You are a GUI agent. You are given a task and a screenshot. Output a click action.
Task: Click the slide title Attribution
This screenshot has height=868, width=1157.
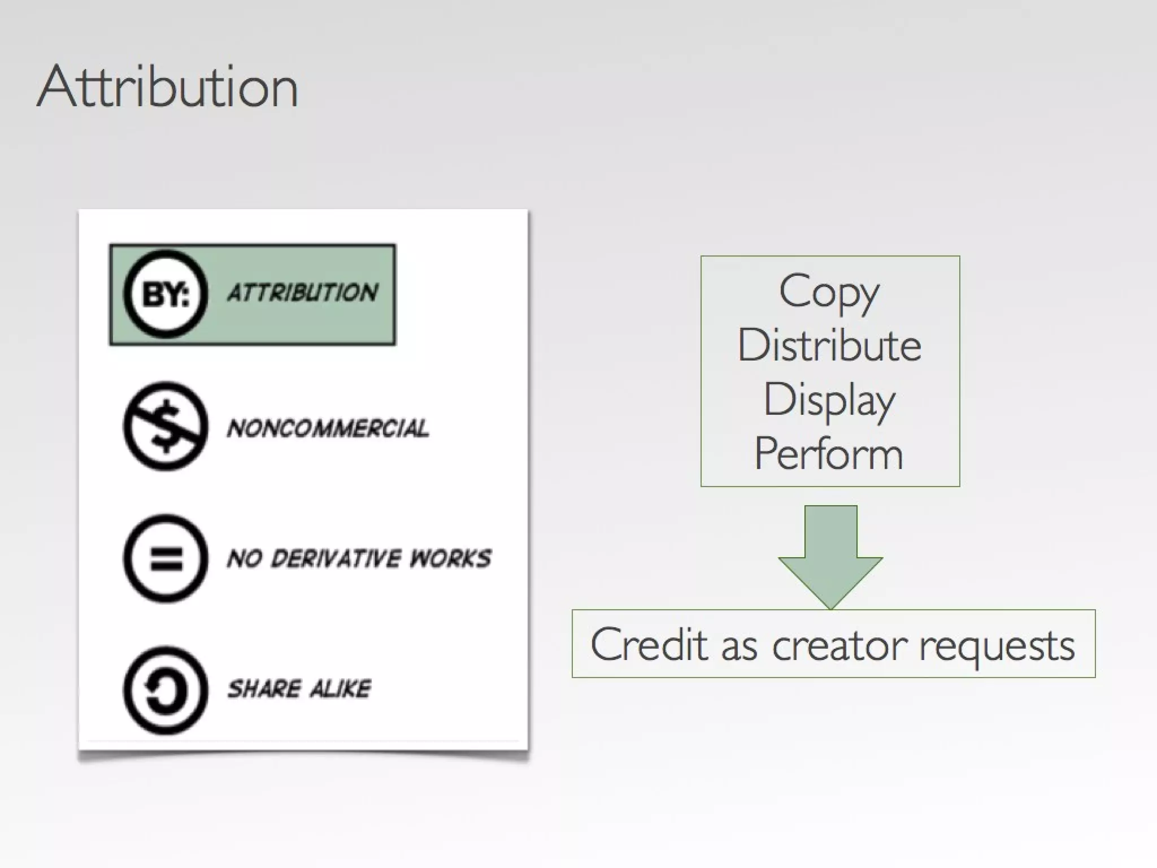(x=167, y=87)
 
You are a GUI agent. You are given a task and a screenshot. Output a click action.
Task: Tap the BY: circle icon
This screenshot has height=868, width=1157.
(x=166, y=294)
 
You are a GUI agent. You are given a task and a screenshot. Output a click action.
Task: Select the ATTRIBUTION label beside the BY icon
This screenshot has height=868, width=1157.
(x=303, y=293)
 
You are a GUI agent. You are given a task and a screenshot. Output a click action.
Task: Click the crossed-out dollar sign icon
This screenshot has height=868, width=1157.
(x=166, y=426)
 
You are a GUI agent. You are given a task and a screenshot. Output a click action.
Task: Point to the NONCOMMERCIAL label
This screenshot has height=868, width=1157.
(x=328, y=428)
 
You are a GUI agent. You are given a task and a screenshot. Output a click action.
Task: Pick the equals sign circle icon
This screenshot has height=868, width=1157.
(x=166, y=558)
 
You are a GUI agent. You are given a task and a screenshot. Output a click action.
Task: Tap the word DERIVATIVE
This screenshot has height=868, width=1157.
(x=337, y=558)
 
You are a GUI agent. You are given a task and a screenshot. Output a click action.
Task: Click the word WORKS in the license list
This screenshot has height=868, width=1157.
(x=450, y=558)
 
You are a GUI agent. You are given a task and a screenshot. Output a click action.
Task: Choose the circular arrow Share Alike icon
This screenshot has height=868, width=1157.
(x=166, y=690)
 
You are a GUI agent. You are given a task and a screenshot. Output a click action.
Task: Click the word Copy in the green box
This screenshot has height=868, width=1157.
(x=829, y=293)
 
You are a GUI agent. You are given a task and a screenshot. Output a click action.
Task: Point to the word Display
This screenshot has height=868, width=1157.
(x=829, y=400)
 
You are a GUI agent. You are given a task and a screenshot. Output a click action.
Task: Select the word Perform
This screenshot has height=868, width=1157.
(x=829, y=453)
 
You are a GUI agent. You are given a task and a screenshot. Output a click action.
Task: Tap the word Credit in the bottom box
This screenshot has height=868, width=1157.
(x=649, y=644)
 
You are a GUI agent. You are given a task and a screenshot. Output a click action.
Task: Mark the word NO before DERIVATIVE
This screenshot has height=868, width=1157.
(x=245, y=558)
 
